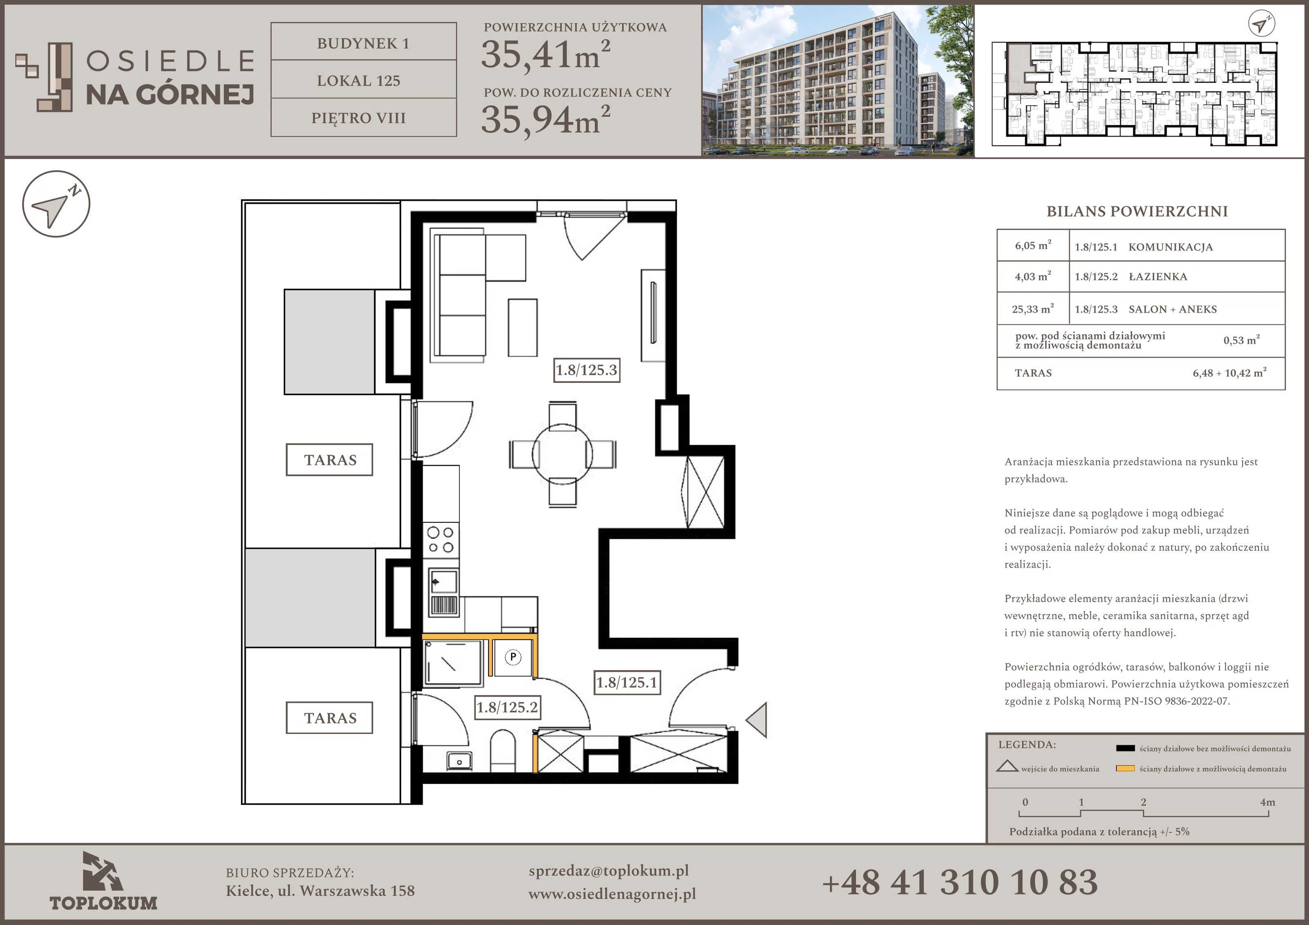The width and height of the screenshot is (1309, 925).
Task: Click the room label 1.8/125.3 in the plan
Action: (587, 370)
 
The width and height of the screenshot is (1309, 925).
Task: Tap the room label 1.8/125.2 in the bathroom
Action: (507, 708)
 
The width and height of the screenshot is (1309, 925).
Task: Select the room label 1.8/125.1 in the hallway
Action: (627, 683)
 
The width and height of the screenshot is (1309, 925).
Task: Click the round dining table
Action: (562, 455)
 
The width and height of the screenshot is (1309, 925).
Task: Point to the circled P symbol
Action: (513, 657)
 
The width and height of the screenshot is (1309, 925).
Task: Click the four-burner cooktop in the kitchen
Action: (441, 540)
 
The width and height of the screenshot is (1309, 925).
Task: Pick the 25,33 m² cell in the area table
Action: (1033, 309)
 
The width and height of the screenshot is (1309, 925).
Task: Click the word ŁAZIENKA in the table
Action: (1158, 277)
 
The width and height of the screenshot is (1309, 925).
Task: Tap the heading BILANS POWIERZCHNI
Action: (1137, 212)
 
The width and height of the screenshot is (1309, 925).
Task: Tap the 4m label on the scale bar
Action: (1267, 802)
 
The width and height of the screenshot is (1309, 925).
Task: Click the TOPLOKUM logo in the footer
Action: (103, 881)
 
